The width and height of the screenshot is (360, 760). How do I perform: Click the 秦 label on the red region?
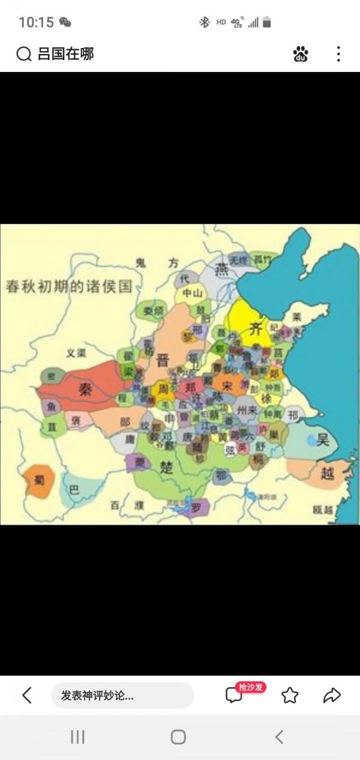[85, 390]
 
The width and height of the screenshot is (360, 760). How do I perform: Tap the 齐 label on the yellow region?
[256, 330]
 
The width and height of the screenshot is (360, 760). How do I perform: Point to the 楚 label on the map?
[167, 467]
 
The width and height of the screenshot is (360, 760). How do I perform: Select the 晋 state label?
[163, 360]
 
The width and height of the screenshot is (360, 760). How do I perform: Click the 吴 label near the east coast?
[323, 440]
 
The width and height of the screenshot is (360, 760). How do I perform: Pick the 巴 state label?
[74, 490]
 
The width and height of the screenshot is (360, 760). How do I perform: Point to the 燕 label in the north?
[223, 266]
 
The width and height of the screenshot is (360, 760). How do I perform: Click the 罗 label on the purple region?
[196, 507]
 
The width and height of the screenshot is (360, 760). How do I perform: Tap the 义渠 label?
[76, 353]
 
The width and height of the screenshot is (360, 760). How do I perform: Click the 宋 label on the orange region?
[226, 384]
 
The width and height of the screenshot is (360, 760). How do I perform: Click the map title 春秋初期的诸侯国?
[68, 286]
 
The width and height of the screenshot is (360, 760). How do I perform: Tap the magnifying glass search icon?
[23, 55]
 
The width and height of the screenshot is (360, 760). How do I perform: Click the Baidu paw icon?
[301, 55]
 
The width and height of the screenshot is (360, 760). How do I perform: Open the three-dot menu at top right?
[338, 55]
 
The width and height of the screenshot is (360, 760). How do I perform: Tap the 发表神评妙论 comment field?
[122, 695]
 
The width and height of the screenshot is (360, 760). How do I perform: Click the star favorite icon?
[290, 695]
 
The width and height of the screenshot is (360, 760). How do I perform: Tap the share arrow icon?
[332, 695]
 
